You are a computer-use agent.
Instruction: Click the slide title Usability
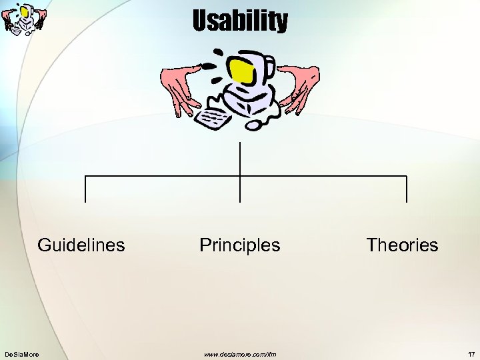240,21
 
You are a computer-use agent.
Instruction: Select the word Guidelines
81,245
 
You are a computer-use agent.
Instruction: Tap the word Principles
240,245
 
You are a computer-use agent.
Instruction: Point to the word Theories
402,245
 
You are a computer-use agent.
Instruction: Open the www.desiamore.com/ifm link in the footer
240,353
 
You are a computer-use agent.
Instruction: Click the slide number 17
471,353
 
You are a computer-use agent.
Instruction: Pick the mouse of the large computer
254,124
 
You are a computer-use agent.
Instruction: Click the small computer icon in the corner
25,19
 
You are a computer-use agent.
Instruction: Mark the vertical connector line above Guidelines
85,189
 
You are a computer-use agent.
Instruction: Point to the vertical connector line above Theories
406,189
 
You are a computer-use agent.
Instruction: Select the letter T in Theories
371,245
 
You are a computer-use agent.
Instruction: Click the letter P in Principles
205,245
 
